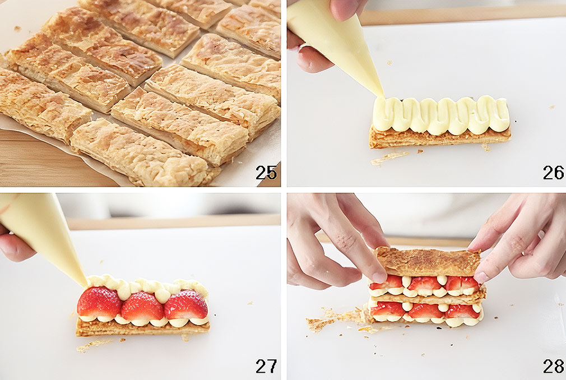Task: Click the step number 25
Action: coord(266,173)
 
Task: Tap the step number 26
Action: coord(553,173)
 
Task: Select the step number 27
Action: coord(266,367)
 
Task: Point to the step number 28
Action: coord(553,367)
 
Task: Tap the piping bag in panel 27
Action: coord(43,235)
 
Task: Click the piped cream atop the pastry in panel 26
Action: coord(441,115)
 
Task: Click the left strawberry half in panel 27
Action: coord(99,303)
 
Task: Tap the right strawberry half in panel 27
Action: coord(186,304)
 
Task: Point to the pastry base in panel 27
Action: coord(142,328)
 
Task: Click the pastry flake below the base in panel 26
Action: coord(389,157)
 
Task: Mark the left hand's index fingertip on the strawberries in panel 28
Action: coord(379,276)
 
